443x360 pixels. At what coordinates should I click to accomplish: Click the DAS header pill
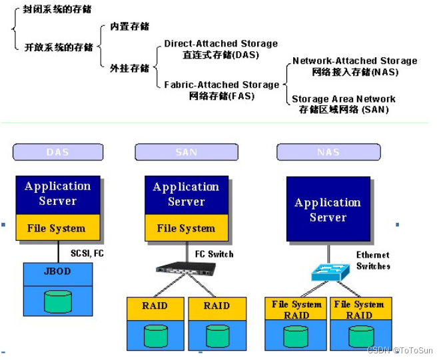coord(57,152)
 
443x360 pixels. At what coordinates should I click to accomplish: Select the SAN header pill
coord(186,152)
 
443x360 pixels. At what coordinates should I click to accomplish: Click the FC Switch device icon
coord(186,269)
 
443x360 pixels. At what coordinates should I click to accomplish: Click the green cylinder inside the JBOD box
coord(57,301)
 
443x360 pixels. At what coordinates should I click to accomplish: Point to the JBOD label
coord(57,271)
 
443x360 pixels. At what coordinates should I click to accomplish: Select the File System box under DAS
coord(57,228)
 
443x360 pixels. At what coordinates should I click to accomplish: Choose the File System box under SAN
coord(186,228)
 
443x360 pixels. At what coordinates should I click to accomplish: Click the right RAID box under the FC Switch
coord(217,306)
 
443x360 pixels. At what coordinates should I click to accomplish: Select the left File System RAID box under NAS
coord(296,309)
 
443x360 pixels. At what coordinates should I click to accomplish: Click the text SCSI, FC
coord(87,254)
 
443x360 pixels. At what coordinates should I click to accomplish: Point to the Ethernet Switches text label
coord(373,260)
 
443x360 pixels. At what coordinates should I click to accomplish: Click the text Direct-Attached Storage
coord(221,44)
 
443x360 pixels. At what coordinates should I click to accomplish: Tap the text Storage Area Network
coord(343,99)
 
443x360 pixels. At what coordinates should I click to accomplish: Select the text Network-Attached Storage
coord(354,61)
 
